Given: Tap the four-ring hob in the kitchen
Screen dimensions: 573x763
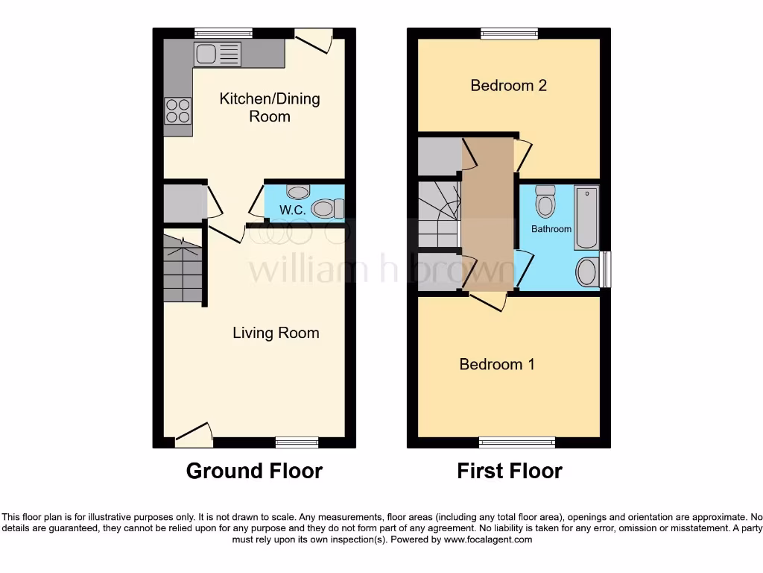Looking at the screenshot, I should point(178,111).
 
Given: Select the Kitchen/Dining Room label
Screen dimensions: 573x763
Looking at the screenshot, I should point(269,107).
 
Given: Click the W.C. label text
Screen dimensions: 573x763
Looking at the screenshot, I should point(292,210).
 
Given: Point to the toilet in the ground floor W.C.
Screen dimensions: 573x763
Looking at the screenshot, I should point(326,209).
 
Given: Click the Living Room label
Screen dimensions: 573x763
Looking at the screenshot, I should point(276,333).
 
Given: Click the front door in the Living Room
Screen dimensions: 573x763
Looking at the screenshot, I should point(194,436).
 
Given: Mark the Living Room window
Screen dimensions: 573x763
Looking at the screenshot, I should point(297,442).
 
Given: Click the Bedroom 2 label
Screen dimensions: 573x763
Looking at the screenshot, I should point(508,85).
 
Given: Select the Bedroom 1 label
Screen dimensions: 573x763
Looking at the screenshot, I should point(496,364).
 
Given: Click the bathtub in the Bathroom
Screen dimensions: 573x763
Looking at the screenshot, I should point(586,219).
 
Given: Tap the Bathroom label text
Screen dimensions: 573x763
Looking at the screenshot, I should point(551,229).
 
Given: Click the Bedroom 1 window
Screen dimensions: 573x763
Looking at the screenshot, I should point(516,442).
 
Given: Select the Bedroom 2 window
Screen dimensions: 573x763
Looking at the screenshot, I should point(509,33).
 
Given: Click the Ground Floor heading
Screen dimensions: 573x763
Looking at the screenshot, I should point(253,471).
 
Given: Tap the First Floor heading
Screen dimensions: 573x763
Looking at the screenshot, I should point(509,471).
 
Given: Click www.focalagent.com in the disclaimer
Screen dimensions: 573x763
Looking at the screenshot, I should point(487,539).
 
